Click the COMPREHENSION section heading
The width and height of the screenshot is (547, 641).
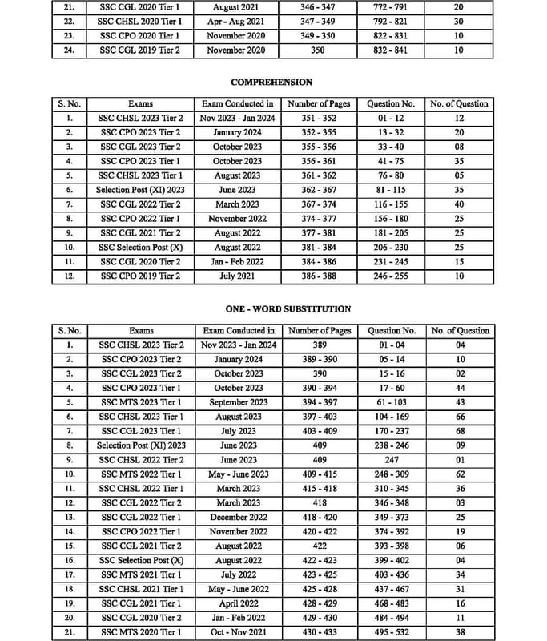[271, 82]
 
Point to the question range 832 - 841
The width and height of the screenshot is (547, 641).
[391, 50]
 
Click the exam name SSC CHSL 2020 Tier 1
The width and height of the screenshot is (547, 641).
[141, 22]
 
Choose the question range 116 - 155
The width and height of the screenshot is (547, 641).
[391, 204]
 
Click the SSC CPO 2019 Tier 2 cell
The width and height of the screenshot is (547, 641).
[141, 276]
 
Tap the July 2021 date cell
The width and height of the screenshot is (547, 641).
[238, 276]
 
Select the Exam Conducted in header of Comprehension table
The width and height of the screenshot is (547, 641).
[238, 103]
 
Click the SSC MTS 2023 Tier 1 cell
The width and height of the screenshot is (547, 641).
[141, 402]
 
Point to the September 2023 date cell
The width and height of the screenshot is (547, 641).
[238, 402]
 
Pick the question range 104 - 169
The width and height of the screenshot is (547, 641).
[391, 417]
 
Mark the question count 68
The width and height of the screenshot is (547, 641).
[460, 431]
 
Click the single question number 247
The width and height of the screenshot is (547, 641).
[391, 460]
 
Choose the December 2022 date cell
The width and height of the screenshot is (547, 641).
[238, 518]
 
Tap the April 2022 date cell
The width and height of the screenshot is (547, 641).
[238, 603]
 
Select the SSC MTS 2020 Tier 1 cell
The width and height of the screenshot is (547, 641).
[141, 632]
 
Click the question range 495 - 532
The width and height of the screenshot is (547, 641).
[391, 632]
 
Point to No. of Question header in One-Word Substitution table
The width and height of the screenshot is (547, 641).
[460, 330]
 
